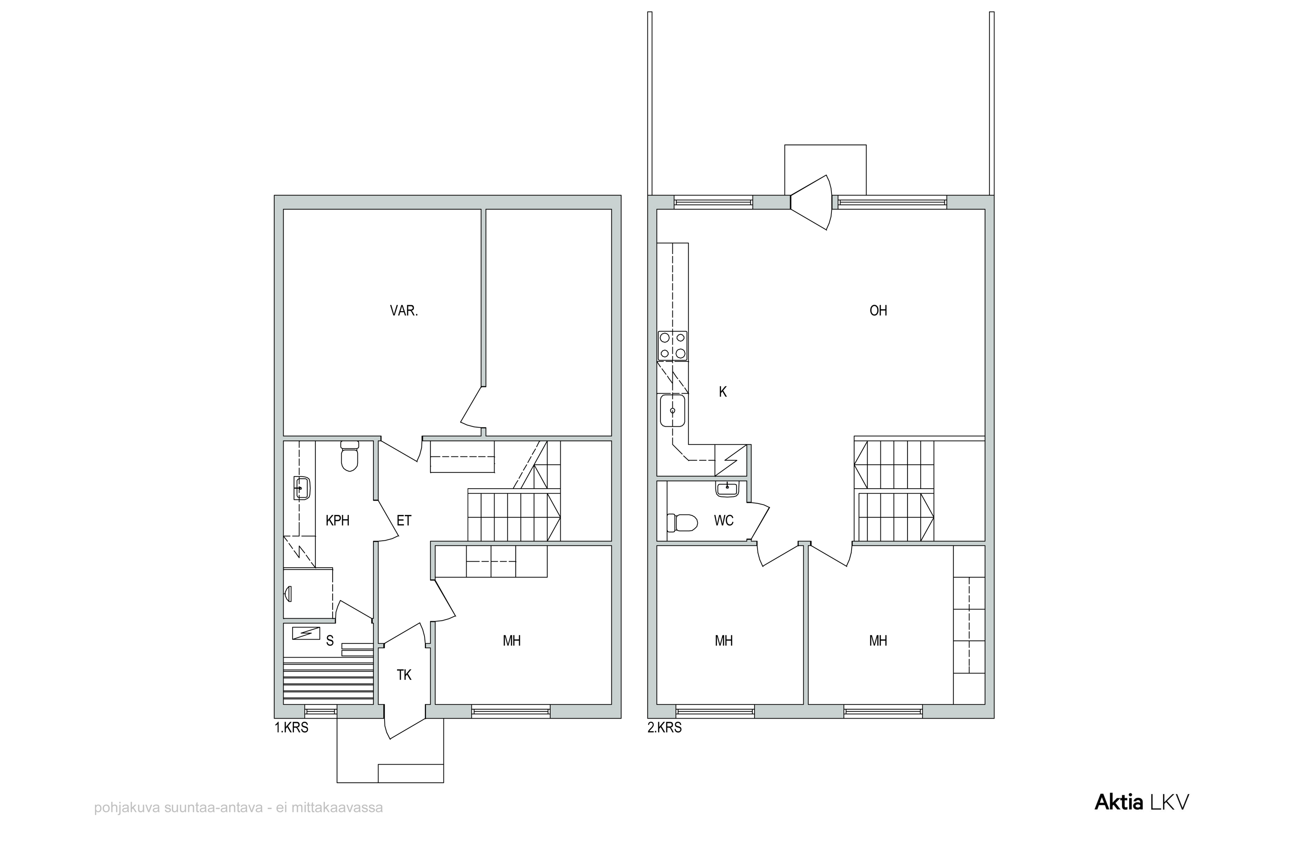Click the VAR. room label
point(404,311)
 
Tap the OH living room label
point(878,311)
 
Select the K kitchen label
point(723,392)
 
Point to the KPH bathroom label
point(338,520)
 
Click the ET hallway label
point(404,520)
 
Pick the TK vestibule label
point(404,675)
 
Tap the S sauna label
point(330,641)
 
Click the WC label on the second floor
point(724,520)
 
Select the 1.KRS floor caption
point(292,728)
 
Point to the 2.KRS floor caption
point(665,728)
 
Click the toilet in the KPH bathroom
point(349,456)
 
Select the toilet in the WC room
point(682,523)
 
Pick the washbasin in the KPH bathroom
point(302,487)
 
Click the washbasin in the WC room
point(727,489)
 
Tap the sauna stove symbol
point(306,634)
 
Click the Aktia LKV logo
point(1142,802)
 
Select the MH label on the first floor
point(512,641)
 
